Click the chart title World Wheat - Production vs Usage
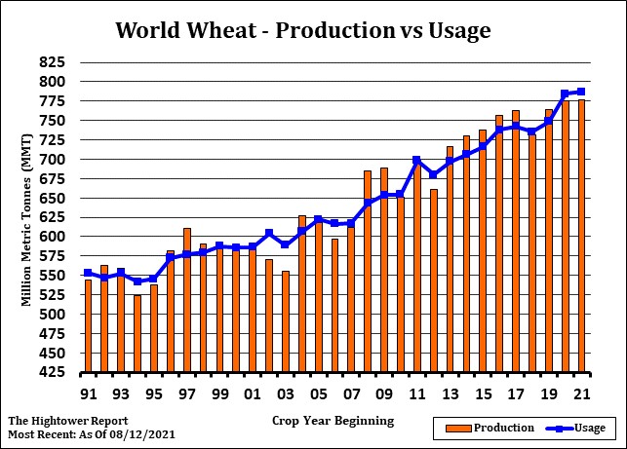302,30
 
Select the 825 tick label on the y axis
52,62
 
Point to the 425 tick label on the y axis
52,373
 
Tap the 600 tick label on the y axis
52,237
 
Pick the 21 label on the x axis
581,394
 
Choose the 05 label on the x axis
318,394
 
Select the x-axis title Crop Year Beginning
333,421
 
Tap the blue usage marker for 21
581,92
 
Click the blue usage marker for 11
416,160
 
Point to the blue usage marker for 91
88,273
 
